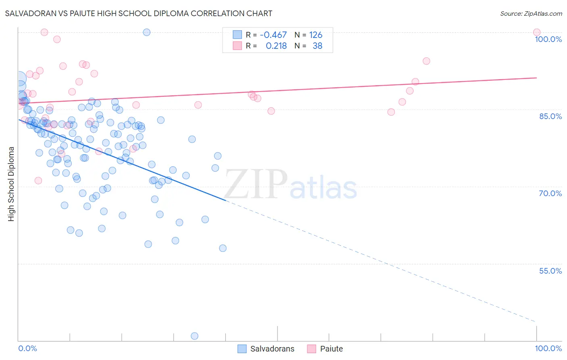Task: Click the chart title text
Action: coord(138,13)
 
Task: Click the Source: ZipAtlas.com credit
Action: coord(531,13)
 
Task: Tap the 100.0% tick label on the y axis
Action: coord(548,39)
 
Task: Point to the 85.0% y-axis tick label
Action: coord(550,116)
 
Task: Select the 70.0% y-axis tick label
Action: coord(550,193)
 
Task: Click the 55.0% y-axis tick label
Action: coord(550,271)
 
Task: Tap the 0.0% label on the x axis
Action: coord(27,348)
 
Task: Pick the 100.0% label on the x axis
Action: coord(548,348)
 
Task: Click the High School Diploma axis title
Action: coord(11,184)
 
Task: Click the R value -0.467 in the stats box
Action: coord(273,35)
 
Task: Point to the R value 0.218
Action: coord(276,46)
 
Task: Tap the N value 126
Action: coord(316,35)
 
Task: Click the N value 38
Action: coord(317,46)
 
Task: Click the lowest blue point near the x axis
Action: coord(194,336)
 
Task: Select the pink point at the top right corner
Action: coord(536,32)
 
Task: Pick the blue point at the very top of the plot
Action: coord(147,32)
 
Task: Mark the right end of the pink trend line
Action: coord(536,77)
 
